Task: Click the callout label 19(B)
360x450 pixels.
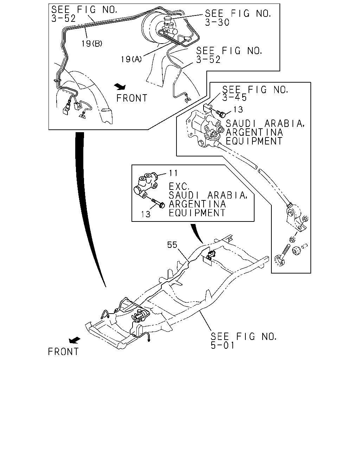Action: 92,44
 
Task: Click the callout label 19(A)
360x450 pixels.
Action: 131,59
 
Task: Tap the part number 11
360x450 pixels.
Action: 173,173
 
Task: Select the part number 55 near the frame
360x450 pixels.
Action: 172,245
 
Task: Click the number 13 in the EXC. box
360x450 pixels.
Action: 146,214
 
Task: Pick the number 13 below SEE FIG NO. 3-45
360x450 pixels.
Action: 238,110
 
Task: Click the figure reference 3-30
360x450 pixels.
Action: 217,22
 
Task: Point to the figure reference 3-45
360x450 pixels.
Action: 234,97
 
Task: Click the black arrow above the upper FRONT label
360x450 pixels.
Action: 120,86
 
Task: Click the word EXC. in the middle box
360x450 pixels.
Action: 179,186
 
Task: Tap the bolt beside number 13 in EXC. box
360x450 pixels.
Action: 158,203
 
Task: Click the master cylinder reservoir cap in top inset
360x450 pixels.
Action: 168,20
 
